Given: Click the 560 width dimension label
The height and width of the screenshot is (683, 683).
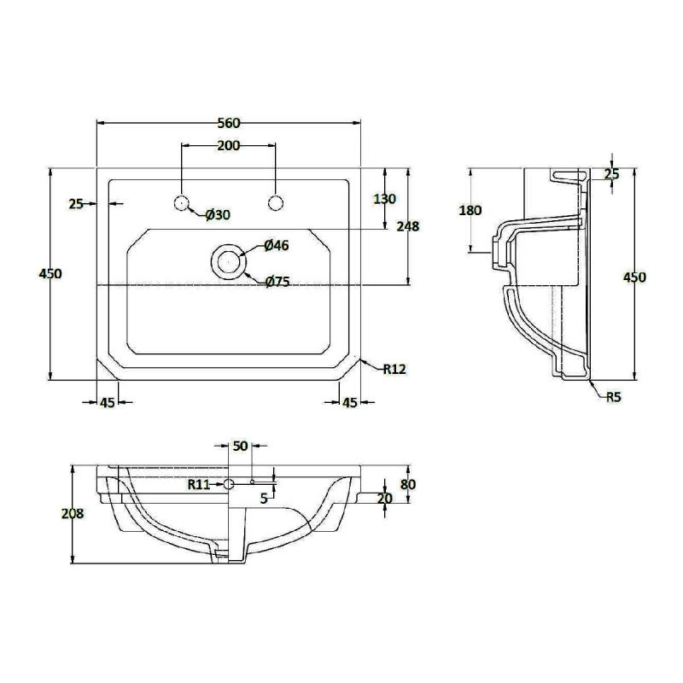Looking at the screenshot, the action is tap(229, 123).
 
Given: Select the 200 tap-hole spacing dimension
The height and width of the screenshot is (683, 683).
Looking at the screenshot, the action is tap(229, 145).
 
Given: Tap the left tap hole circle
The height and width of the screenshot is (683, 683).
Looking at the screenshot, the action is tap(181, 203).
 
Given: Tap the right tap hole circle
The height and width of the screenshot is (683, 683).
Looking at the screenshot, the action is tap(276, 203).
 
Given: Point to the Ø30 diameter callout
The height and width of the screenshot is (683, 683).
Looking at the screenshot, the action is tap(219, 215).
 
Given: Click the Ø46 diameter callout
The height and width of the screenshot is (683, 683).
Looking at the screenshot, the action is tap(277, 246).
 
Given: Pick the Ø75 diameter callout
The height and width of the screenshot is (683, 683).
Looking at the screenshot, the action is tap(278, 283).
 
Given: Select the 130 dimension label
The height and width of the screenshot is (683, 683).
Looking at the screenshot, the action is tap(385, 199).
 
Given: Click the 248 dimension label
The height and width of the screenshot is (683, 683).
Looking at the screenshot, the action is tap(408, 226).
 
